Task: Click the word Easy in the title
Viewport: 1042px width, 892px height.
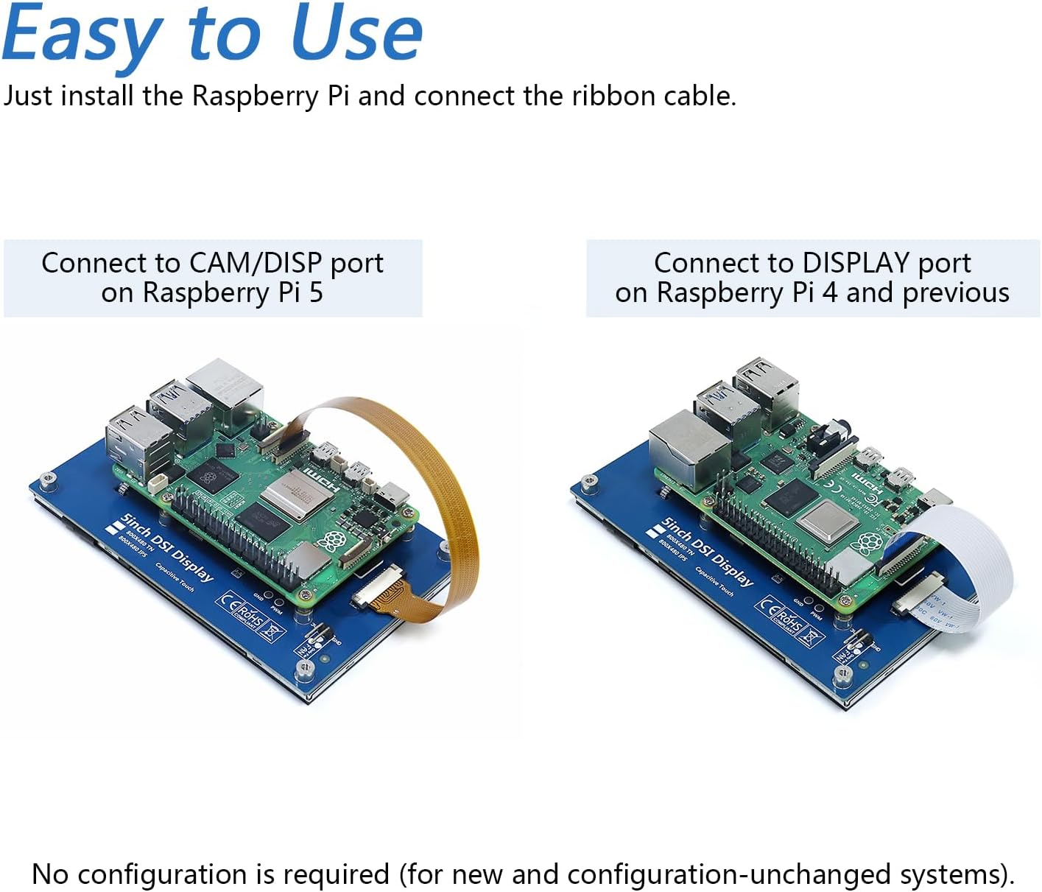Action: (82, 35)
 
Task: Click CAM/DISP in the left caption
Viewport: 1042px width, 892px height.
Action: (255, 263)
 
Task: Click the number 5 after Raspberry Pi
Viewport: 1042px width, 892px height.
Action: (316, 292)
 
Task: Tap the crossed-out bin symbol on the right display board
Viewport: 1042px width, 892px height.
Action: (814, 634)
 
